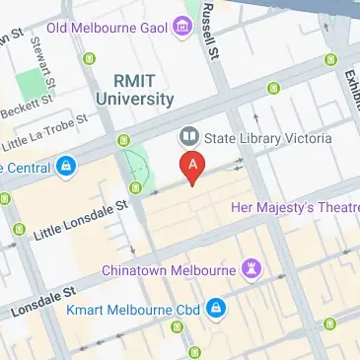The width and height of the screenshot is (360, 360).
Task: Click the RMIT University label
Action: point(135,90)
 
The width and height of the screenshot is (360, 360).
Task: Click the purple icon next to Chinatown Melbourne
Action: point(253,268)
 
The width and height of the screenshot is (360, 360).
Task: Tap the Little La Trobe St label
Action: point(39,139)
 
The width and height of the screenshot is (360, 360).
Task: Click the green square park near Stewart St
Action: point(35,85)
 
